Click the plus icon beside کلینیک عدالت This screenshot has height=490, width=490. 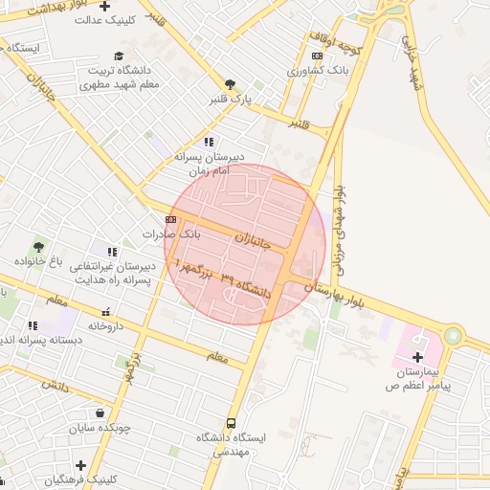(x=118, y=7)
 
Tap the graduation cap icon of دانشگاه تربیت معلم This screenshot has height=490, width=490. (x=119, y=56)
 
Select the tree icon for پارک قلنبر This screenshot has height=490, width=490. (x=230, y=84)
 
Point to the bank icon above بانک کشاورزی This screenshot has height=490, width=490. (x=317, y=56)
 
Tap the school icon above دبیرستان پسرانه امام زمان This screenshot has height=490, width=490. (x=209, y=142)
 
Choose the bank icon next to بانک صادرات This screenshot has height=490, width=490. (x=170, y=220)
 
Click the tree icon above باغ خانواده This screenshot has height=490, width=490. (x=38, y=247)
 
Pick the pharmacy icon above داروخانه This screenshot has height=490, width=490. (x=106, y=312)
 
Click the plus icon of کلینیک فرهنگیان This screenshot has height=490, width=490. (x=80, y=465)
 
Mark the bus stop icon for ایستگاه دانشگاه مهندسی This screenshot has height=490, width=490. (x=231, y=423)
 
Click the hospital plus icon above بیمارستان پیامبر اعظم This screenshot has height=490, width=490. (x=416, y=357)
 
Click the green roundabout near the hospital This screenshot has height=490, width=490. (x=452, y=336)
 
